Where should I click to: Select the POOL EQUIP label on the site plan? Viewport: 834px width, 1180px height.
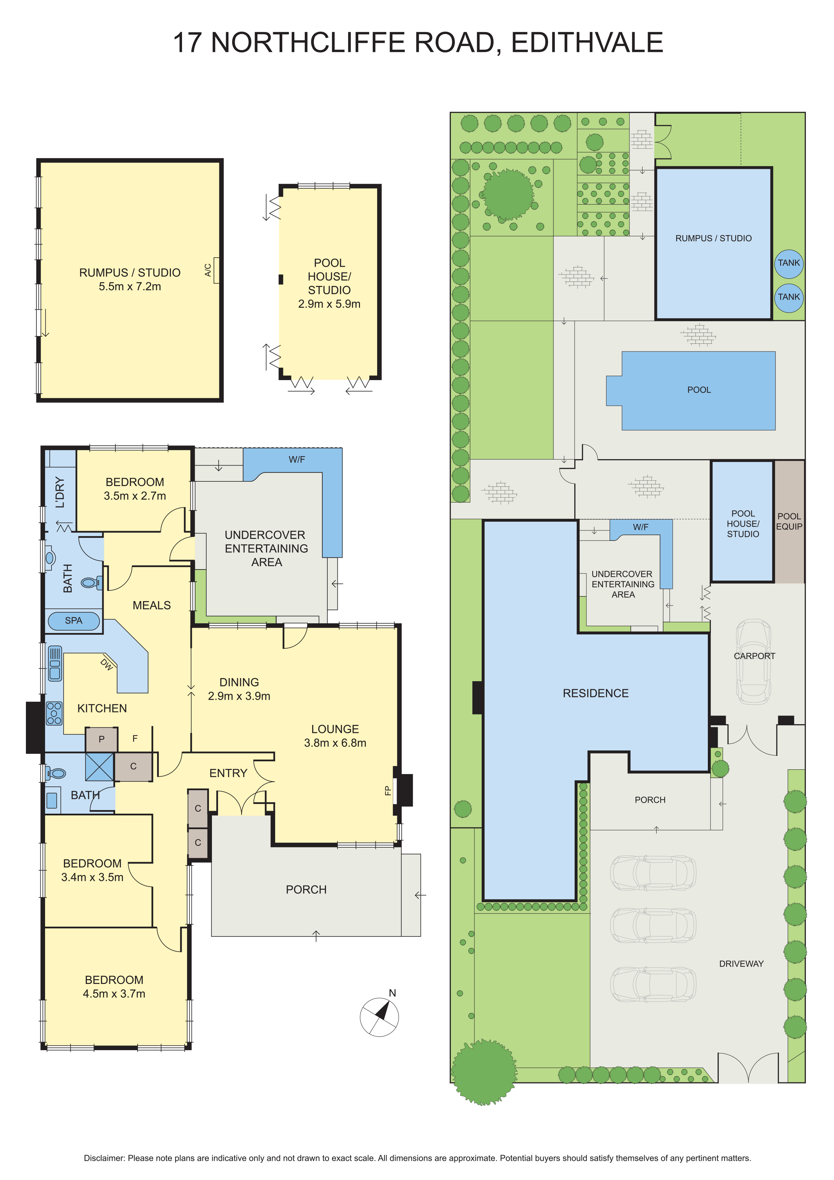pyautogui.click(x=789, y=521)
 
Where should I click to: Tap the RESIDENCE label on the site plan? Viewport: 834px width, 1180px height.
pyautogui.click(x=595, y=693)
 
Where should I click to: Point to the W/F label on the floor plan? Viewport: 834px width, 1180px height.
pyautogui.click(x=296, y=459)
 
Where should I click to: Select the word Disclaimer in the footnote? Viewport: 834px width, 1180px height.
pyautogui.click(x=104, y=1158)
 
